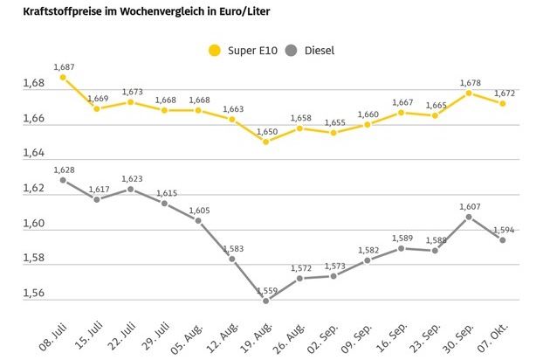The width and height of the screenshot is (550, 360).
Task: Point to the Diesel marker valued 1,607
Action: [x=469, y=217]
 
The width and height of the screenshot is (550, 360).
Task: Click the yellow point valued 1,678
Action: [x=469, y=93]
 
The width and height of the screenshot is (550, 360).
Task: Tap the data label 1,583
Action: [x=232, y=248]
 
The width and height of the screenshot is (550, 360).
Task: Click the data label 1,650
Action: [x=266, y=131]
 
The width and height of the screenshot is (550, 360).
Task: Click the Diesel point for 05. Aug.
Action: [x=198, y=220]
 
